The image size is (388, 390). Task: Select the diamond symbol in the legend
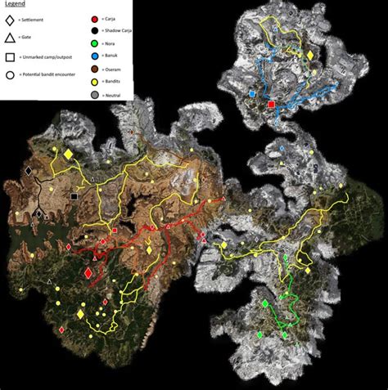(11, 18)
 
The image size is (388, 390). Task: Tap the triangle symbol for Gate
(11, 38)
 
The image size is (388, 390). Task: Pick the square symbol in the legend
(11, 58)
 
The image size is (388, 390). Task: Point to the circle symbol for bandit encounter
(11, 74)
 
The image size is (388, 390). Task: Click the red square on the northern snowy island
(272, 105)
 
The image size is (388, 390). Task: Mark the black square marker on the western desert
(74, 196)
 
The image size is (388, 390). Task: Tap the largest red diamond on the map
(88, 275)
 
